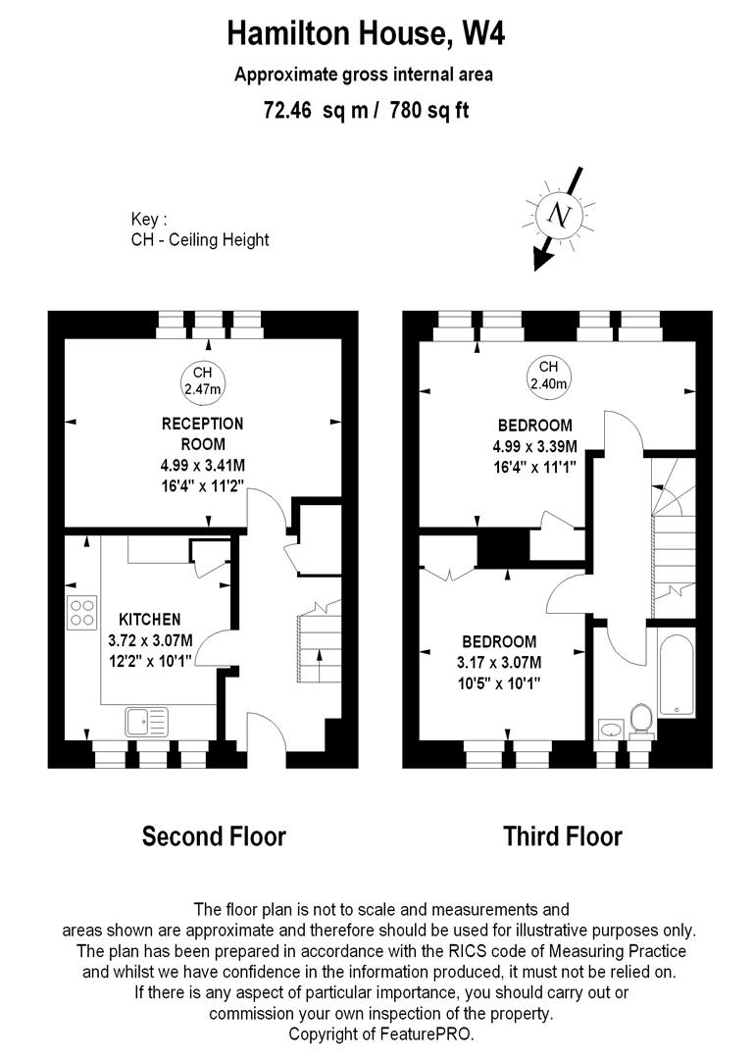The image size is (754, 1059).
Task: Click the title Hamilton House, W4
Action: pyautogui.click(x=366, y=34)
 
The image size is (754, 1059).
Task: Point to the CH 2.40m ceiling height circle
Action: pyautogui.click(x=548, y=376)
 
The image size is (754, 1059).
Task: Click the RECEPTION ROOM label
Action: pyautogui.click(x=202, y=432)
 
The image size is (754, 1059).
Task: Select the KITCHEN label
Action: pyautogui.click(x=149, y=620)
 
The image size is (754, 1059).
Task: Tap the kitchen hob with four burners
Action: pyautogui.click(x=82, y=612)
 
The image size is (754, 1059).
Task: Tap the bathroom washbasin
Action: pyautogui.click(x=610, y=729)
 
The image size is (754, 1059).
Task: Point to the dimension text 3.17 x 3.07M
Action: pyautogui.click(x=500, y=662)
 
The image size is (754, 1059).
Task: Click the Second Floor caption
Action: pyautogui.click(x=214, y=836)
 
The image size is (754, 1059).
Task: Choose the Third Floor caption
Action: pyautogui.click(x=562, y=836)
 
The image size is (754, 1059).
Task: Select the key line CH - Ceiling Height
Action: pyautogui.click(x=200, y=240)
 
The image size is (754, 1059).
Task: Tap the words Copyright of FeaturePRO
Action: pyautogui.click(x=381, y=1034)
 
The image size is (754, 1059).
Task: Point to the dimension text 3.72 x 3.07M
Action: pyautogui.click(x=150, y=639)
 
